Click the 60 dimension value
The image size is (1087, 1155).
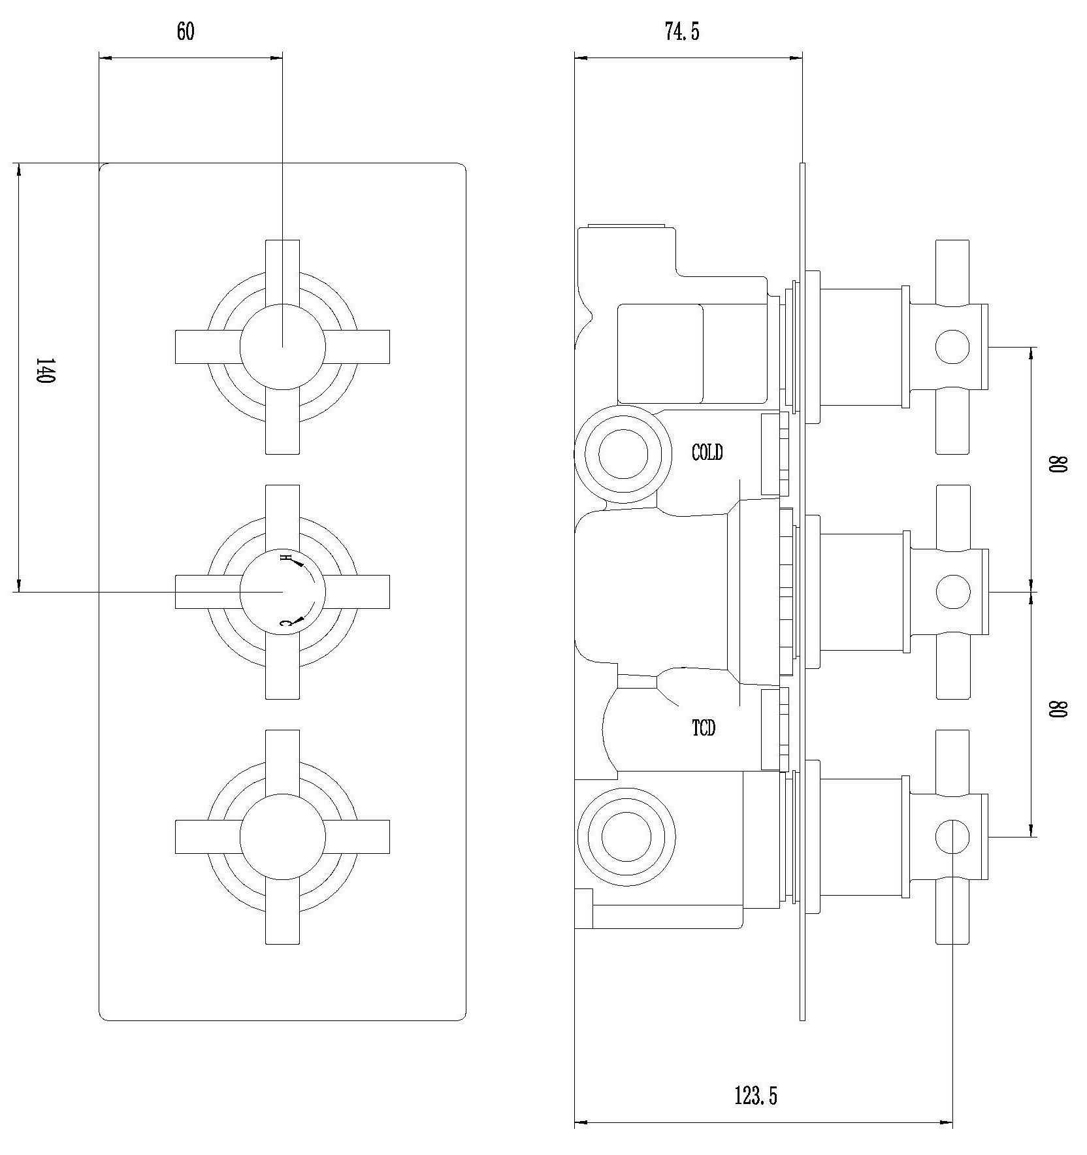(186, 32)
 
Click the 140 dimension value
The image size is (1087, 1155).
(43, 371)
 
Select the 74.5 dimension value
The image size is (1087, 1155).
(682, 32)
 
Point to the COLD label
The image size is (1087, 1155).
(707, 452)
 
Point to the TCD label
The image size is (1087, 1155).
(704, 728)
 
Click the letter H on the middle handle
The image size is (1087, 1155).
(284, 557)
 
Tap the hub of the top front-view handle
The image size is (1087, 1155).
(282, 346)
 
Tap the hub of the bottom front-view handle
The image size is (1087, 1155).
(282, 837)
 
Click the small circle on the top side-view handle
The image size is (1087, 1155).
(952, 347)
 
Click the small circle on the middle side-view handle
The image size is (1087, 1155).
(952, 592)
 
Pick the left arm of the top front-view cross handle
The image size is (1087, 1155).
(208, 346)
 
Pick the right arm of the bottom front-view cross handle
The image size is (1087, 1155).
(357, 837)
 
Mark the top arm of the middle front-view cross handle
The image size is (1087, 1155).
(282, 519)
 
